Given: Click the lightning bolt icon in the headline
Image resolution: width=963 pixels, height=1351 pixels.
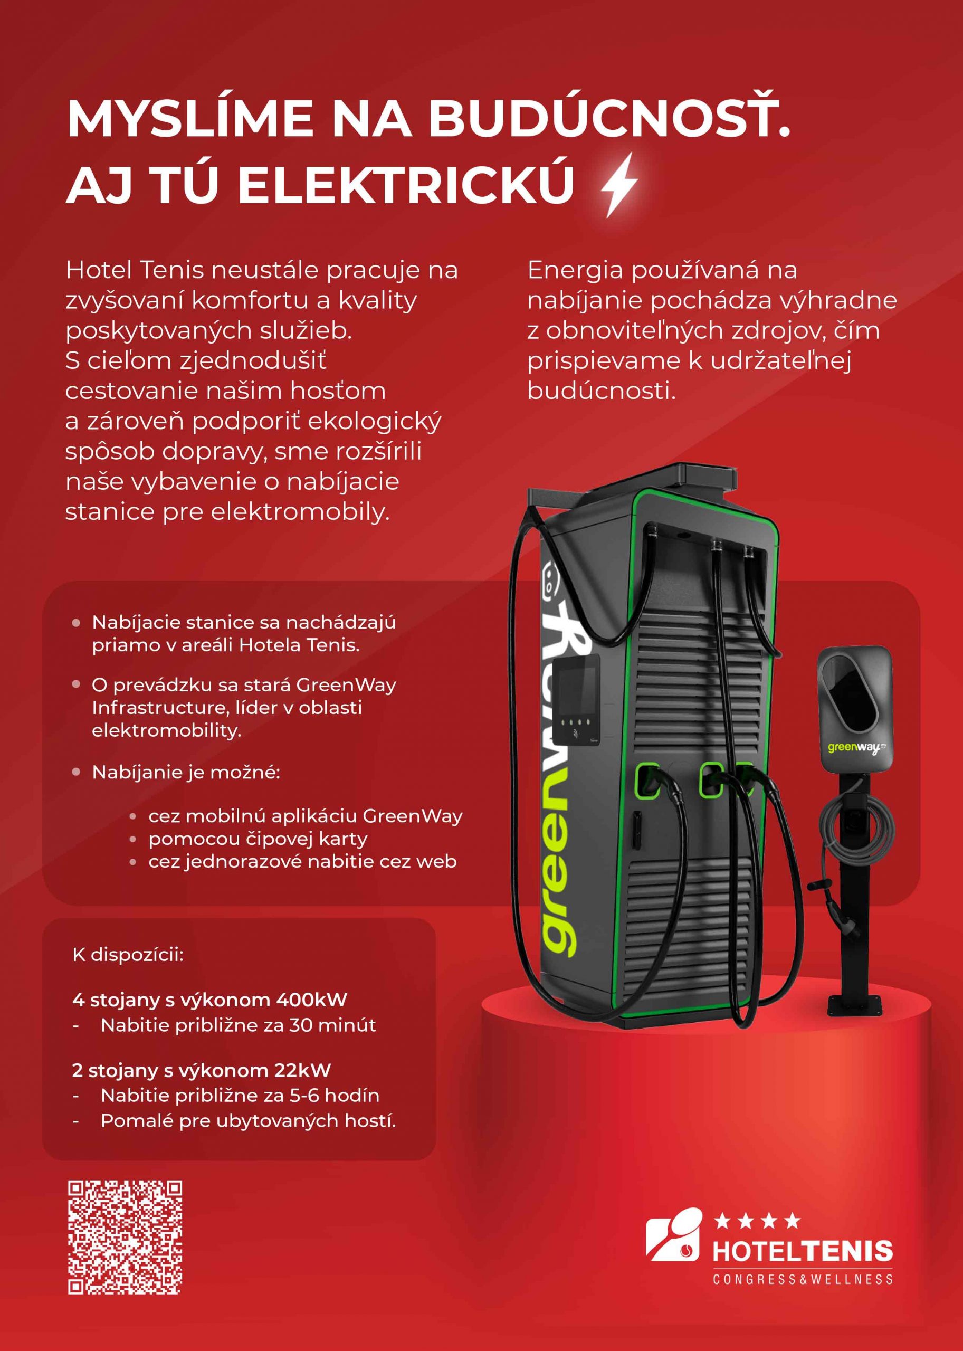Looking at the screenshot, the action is coord(619,184).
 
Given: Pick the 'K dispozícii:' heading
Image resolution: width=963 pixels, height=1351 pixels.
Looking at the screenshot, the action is coord(128,955).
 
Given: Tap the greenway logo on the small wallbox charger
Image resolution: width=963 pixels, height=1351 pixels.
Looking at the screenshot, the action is coord(856,748).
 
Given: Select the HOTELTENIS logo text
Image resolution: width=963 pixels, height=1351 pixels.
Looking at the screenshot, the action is coord(802,1252).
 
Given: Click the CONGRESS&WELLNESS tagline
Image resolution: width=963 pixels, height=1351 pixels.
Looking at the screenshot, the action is coord(802,1279).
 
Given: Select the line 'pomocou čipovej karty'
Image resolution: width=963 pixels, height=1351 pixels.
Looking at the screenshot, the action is coord(258,839).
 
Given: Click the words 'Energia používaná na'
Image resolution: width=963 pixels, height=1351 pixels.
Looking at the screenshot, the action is coord(662,270).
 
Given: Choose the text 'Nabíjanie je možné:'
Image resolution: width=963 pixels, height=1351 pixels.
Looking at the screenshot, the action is coord(186,772).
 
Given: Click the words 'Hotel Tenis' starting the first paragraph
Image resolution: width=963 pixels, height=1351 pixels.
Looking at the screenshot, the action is coord(135,270).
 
